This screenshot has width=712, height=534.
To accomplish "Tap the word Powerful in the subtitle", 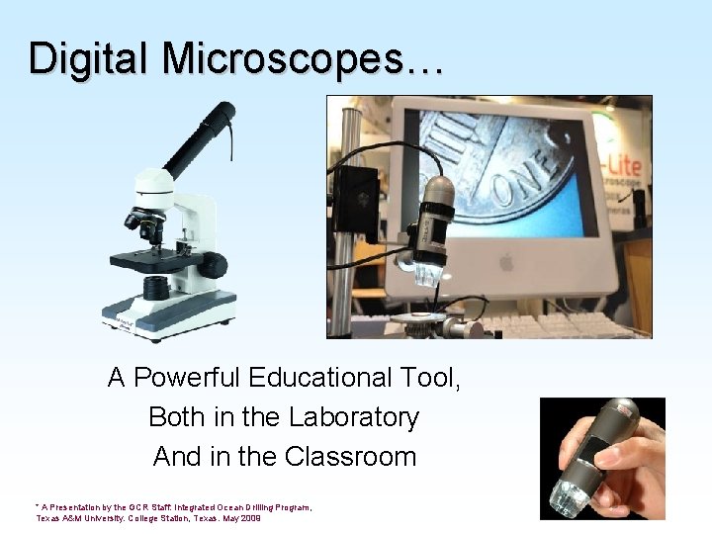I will pos(189,378).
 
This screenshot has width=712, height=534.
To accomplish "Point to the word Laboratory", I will pos(354,417).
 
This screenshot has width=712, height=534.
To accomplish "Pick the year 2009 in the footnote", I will pos(249,518).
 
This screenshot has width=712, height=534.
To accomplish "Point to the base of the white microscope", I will pos(168,316).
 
